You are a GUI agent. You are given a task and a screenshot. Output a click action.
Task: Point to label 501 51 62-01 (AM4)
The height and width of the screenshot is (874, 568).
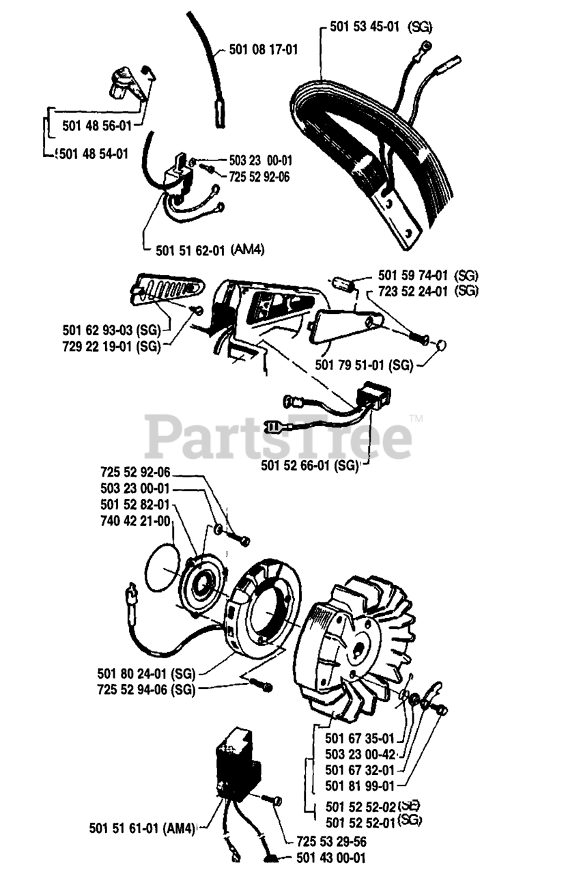point(210,250)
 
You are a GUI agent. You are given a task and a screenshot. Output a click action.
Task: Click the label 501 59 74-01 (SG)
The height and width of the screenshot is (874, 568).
point(428,277)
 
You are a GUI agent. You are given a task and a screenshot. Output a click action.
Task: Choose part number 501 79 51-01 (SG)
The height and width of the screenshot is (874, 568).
point(364,365)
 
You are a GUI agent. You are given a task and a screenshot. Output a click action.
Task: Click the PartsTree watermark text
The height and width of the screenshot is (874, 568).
point(278,436)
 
